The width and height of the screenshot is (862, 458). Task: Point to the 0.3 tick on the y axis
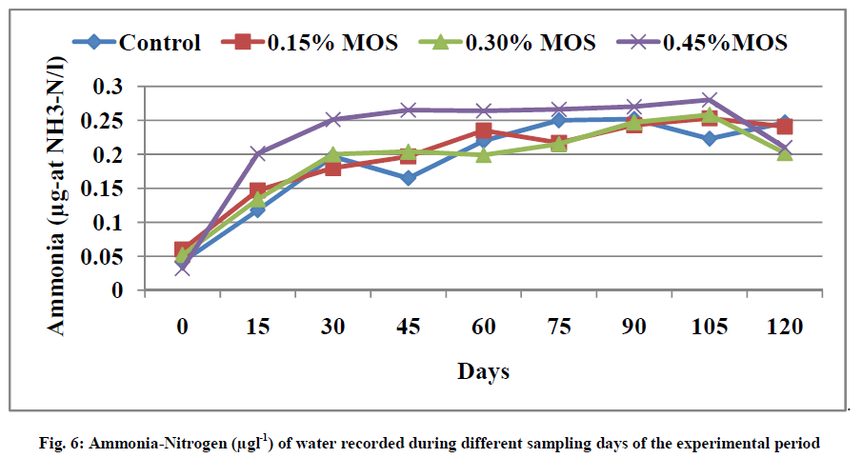110,87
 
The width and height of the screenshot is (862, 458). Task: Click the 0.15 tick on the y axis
104,189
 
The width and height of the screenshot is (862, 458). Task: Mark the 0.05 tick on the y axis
104,257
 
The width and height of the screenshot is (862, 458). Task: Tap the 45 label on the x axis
408,326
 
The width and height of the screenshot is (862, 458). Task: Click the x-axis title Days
482,372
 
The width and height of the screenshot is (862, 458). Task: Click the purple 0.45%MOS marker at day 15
257,153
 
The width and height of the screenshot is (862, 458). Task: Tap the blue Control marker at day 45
408,178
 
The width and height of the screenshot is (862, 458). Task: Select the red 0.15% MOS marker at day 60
483,131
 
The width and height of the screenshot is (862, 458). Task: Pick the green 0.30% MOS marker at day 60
483,154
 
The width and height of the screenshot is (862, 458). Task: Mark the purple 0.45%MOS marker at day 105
709,100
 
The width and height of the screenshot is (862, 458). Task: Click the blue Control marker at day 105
709,139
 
